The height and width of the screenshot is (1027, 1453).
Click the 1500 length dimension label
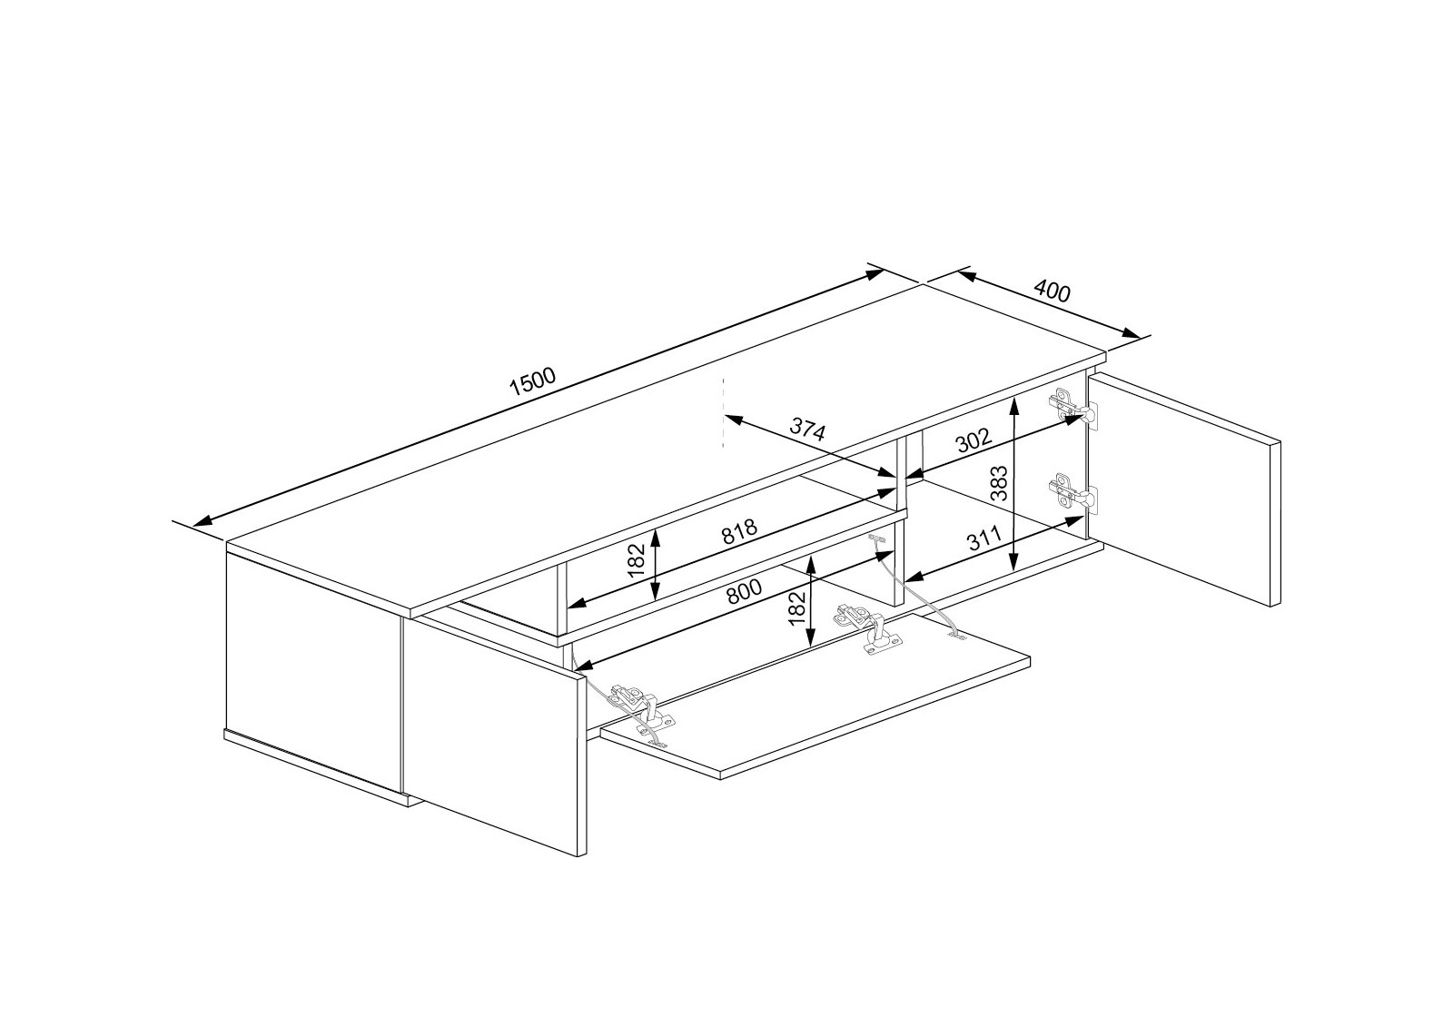click(x=532, y=383)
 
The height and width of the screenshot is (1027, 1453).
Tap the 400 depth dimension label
click(x=1053, y=291)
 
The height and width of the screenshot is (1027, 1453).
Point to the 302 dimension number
click(x=973, y=442)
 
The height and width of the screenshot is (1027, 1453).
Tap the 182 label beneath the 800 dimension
click(x=797, y=607)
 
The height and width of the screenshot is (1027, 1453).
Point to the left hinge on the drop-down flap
click(x=641, y=707)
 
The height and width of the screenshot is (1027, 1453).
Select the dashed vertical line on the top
click(x=723, y=413)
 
